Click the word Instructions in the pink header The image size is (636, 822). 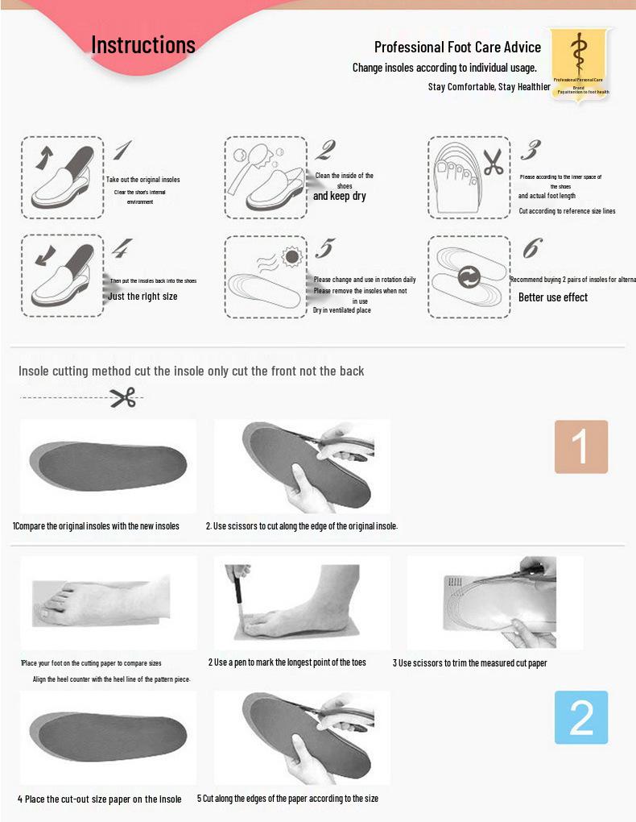point(143,45)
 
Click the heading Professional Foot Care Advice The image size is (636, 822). point(457,48)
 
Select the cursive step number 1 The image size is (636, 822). point(122,150)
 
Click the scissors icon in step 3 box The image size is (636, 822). point(492,161)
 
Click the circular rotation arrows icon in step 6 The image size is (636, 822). point(469,278)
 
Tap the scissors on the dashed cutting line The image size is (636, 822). point(123,397)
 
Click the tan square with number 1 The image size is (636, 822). point(580,446)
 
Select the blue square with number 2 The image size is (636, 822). point(580,717)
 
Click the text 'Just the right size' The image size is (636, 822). point(142,297)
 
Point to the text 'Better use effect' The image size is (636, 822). point(552,297)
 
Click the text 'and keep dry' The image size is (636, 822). point(339,196)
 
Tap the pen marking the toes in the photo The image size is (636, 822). point(237,596)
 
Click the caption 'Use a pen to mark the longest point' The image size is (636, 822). point(287,662)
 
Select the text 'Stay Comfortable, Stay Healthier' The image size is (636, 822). point(489,86)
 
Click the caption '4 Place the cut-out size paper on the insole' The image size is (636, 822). point(100,799)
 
